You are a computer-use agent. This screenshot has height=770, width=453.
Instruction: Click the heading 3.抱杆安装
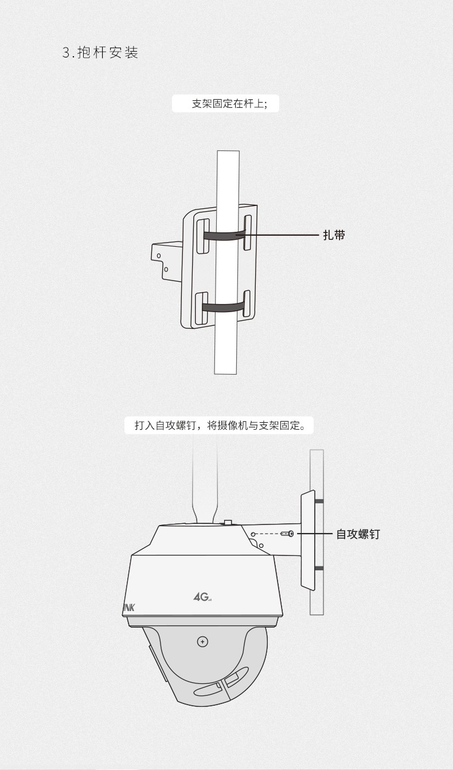100,53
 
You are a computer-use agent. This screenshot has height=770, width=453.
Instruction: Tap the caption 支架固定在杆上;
226,104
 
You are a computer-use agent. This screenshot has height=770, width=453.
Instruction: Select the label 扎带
334,235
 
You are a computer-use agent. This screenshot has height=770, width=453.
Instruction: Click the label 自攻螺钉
358,534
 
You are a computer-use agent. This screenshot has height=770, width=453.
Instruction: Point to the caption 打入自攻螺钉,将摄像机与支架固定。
220,426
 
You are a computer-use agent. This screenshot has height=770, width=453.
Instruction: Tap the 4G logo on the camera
202,597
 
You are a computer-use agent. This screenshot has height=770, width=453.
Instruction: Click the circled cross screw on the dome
202,641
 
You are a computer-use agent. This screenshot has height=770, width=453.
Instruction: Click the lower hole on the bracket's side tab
166,269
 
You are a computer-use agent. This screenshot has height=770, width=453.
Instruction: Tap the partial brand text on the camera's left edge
128,607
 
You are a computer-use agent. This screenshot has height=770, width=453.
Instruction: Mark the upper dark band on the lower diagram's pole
319,501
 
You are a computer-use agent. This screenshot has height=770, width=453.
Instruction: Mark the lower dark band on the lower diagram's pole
319,568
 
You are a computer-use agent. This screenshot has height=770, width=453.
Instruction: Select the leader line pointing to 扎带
281,235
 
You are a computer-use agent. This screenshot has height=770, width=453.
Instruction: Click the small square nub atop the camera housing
228,523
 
